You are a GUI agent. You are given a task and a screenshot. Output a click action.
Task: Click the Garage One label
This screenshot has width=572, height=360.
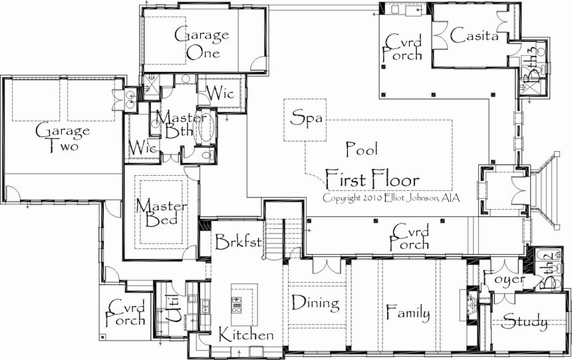coord(202,44)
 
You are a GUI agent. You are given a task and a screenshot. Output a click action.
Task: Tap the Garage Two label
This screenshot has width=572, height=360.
coord(62,137)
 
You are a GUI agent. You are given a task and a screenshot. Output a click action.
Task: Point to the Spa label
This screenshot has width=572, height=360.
coord(307,118)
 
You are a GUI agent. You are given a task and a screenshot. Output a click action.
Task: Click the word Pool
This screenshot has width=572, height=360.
coord(362,149)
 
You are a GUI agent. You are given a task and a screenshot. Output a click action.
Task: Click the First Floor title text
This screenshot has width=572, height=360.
coord(372,179)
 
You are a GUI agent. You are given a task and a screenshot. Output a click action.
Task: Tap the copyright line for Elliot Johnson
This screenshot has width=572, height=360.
coord(391,198)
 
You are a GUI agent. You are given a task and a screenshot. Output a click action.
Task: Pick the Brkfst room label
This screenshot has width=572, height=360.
coord(238,242)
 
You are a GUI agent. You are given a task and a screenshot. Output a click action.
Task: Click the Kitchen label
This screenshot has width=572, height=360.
coord(246,335)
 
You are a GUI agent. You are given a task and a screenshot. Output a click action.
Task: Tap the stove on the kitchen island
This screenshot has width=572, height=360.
coord(237,305)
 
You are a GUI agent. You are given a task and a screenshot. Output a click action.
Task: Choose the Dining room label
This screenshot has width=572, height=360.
coord(316,303)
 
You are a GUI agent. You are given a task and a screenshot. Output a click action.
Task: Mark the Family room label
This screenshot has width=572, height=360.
coord(408,313)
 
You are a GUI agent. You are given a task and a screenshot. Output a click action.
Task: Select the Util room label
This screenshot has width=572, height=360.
coord(173,309)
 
